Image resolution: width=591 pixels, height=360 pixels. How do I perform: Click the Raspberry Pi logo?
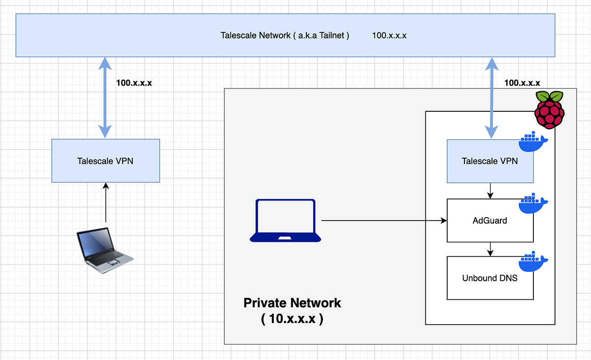pyautogui.click(x=550, y=109)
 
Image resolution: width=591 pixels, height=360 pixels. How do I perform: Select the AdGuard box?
pyautogui.click(x=490, y=220)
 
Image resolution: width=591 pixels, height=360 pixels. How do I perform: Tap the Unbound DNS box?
pyautogui.click(x=490, y=278)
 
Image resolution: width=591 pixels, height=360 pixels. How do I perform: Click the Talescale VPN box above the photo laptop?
pyautogui.click(x=105, y=161)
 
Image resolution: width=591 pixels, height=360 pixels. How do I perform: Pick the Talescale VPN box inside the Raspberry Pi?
pyautogui.click(x=490, y=161)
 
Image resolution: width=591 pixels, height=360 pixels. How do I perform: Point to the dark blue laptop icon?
pyautogui.click(x=285, y=221)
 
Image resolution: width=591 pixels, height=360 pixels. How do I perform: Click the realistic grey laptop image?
pyautogui.click(x=104, y=250)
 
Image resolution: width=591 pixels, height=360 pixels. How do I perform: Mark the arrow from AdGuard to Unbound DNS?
pyautogui.click(x=490, y=249)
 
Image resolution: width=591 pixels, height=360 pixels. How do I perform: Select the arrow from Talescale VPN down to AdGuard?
pyautogui.click(x=490, y=190)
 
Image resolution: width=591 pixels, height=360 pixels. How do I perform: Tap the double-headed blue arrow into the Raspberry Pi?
pyautogui.click(x=491, y=97)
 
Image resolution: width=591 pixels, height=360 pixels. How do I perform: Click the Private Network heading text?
pyautogui.click(x=292, y=302)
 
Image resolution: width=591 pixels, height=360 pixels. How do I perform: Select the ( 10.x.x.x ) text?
pyautogui.click(x=292, y=319)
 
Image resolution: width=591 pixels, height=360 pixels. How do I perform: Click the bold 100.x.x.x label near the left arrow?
pyautogui.click(x=134, y=83)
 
